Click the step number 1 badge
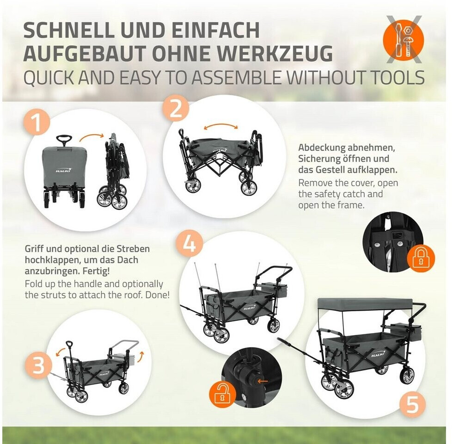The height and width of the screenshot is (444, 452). point(37,122)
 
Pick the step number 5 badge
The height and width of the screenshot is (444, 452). point(413,404)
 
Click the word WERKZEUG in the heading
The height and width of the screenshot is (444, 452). point(274,53)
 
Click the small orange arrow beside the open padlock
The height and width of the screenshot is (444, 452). point(263,381)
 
